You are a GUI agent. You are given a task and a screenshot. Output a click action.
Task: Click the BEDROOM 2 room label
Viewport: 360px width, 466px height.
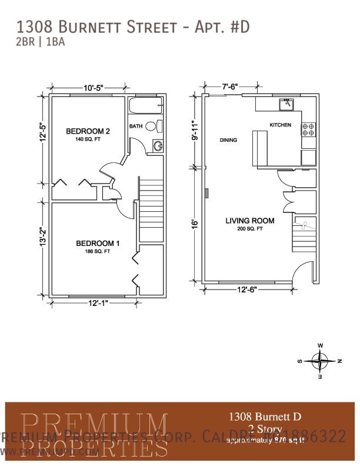click(88, 131)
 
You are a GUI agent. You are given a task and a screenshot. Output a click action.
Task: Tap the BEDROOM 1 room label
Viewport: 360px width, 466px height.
click(98, 243)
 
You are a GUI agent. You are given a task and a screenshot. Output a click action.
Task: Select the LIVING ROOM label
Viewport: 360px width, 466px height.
click(250, 221)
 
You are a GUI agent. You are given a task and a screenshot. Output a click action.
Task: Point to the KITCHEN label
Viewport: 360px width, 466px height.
click(280, 125)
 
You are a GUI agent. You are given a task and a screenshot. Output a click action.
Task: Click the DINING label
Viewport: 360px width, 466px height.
click(228, 140)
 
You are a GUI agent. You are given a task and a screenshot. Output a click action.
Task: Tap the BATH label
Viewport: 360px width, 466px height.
click(136, 126)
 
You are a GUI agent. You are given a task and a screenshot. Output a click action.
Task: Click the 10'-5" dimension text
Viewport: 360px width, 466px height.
click(93, 88)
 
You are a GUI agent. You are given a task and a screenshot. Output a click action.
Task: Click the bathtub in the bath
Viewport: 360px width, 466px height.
click(145, 107)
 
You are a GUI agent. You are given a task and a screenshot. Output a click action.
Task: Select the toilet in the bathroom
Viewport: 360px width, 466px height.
click(152, 126)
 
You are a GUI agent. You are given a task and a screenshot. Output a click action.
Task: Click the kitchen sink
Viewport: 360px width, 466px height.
click(286, 104)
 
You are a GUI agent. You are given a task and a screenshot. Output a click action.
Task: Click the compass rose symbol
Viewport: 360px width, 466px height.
click(319, 360)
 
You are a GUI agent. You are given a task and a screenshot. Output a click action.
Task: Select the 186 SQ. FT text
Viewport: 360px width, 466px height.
click(98, 251)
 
